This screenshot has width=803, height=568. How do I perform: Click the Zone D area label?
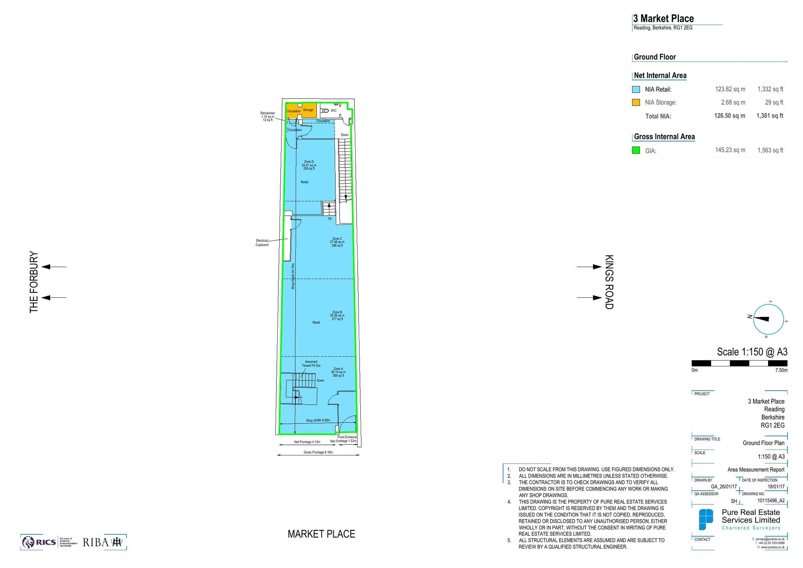point(309,165)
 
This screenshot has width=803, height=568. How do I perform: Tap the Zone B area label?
point(337,315)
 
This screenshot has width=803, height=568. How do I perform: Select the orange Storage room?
point(308,110)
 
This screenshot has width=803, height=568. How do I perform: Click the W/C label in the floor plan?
point(333,111)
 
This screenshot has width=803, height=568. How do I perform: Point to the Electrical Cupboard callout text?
point(262,242)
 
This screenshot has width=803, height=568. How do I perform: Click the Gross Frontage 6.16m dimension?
point(318,452)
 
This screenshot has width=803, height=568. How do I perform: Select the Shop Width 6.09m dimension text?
point(318,420)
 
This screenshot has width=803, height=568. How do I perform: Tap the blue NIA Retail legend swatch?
point(636,89)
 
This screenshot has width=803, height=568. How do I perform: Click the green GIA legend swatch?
point(636,150)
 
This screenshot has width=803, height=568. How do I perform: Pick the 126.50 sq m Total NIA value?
point(729,116)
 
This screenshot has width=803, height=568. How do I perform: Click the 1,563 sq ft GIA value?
point(770,150)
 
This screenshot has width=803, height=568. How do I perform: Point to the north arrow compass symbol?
point(768,319)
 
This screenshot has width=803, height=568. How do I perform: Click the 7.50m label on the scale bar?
point(781,370)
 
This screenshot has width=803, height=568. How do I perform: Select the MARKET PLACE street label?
point(321,534)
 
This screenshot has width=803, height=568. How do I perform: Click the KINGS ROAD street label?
point(609,282)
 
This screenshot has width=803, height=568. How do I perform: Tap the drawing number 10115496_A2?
point(771,501)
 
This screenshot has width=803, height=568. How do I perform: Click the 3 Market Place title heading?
point(663,18)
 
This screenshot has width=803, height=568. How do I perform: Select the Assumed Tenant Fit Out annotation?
point(311,364)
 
